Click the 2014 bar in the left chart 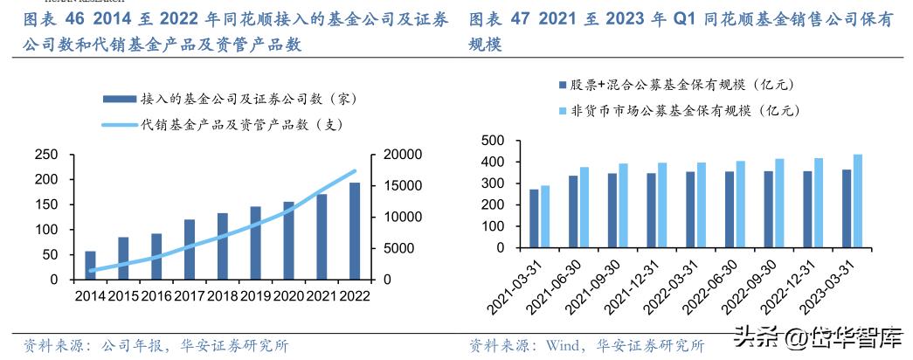90,265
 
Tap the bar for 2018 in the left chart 223,246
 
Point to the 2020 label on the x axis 288,296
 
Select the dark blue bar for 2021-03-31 534,218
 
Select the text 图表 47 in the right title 500,19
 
